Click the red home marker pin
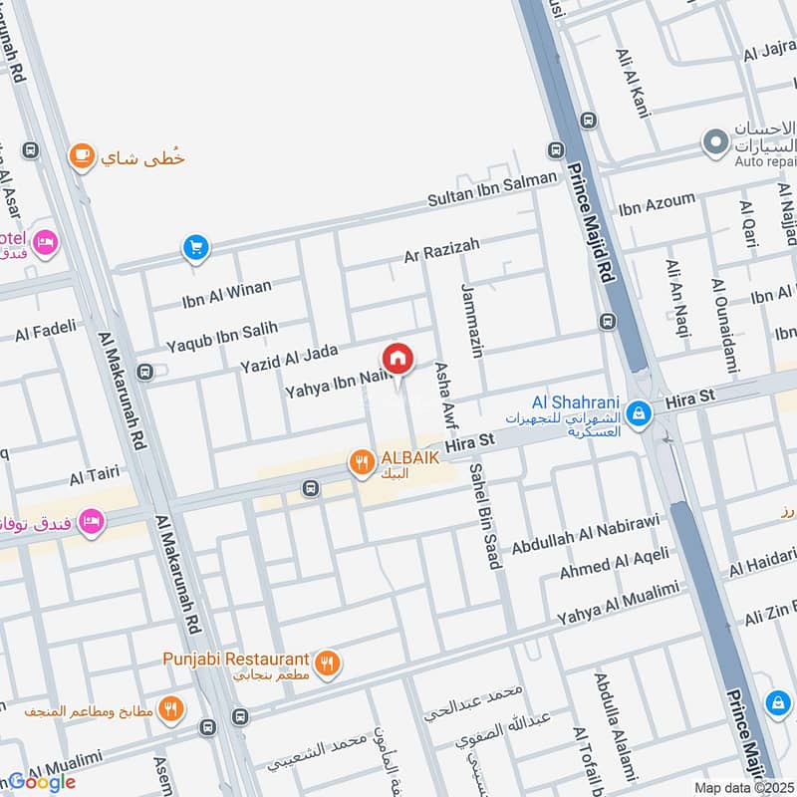(x=397, y=359)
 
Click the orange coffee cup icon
(x=81, y=156)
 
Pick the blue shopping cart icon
(x=194, y=247)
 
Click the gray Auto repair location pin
(x=713, y=143)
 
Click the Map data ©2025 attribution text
(x=742, y=787)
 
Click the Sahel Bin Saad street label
(x=483, y=515)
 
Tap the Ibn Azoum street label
(x=657, y=205)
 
